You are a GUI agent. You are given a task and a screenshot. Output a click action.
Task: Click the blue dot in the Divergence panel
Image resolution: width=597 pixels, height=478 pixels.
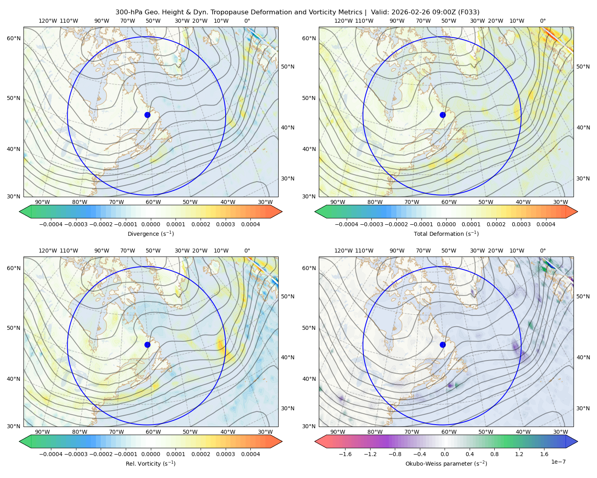[147, 115]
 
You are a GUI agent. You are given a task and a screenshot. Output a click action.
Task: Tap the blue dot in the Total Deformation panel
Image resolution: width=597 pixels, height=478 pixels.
[443, 115]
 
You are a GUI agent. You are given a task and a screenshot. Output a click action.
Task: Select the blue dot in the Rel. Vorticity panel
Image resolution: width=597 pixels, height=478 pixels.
[147, 345]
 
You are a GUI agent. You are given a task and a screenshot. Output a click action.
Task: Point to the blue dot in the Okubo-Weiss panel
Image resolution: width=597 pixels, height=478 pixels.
[443, 345]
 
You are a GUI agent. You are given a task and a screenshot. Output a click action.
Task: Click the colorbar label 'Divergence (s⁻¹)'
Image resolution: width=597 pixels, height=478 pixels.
[150, 234]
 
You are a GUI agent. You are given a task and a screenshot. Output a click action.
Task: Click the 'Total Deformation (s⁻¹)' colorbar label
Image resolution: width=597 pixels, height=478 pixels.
[446, 234]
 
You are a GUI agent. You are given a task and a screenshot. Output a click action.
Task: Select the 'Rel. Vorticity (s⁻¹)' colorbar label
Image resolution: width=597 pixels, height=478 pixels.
[150, 464]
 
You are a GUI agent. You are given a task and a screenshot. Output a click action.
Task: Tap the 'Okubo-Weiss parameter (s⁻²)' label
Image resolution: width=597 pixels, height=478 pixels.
[446, 464]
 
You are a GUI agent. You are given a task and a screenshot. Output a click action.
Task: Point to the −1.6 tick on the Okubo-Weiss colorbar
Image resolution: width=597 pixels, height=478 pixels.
[345, 454]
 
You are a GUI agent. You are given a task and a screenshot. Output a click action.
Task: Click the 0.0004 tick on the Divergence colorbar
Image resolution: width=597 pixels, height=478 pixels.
[250, 224]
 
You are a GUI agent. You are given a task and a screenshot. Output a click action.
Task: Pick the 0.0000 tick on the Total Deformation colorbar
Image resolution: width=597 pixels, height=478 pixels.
[446, 224]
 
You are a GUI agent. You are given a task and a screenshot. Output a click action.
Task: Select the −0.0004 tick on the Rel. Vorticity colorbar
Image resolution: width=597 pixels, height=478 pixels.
[51, 454]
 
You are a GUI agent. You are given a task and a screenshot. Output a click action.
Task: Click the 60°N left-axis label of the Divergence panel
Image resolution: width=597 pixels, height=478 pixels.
[14, 38]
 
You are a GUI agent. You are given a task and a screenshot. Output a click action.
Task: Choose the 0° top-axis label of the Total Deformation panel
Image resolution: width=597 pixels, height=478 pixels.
[542, 21]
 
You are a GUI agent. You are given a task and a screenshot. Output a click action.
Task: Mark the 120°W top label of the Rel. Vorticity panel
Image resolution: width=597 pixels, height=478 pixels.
[48, 251]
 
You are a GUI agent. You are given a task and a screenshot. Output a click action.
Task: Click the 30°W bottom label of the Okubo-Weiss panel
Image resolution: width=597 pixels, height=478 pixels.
[561, 432]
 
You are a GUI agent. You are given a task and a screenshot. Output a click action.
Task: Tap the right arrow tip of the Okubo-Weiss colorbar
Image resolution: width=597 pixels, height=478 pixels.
[577, 441]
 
